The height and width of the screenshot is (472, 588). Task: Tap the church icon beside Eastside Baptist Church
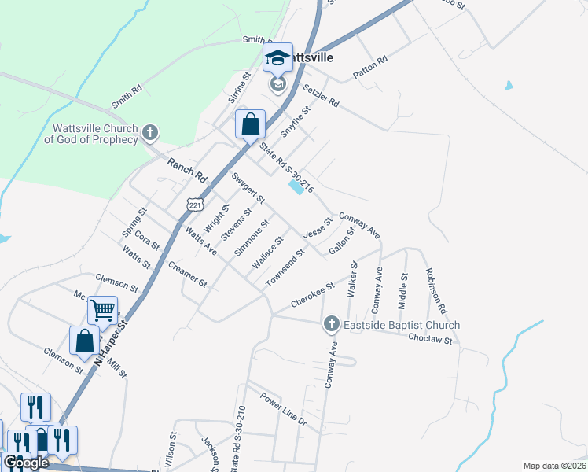(x=332, y=324)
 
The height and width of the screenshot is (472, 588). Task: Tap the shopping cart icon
(x=102, y=311)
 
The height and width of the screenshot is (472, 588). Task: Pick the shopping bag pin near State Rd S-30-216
(x=250, y=124)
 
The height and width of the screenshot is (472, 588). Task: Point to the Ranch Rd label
(x=186, y=169)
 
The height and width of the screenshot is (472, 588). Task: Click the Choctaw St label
(x=430, y=339)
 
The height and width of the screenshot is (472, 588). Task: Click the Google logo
(x=25, y=463)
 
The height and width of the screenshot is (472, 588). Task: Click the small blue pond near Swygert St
(x=296, y=187)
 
